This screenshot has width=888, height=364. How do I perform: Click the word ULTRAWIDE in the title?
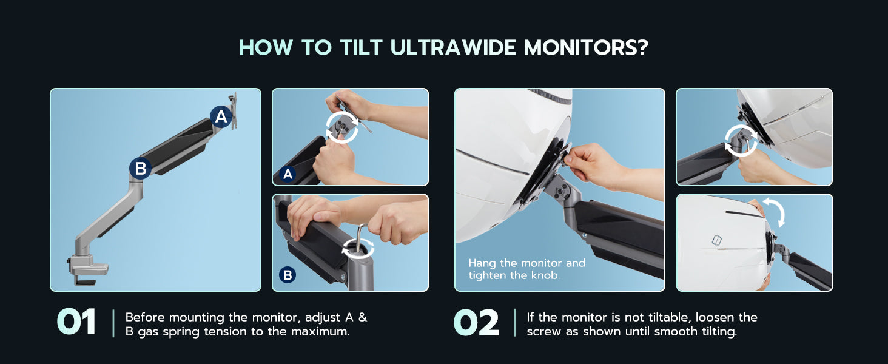(x=453, y=47)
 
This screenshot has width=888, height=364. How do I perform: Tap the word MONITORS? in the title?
(x=586, y=47)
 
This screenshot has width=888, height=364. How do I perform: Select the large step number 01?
(x=76, y=322)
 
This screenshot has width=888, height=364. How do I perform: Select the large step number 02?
(x=476, y=322)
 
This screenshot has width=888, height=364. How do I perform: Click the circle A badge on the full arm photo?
(x=221, y=116)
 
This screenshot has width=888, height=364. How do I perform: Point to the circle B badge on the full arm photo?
(x=140, y=168)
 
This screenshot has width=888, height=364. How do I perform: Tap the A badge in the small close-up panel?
(x=288, y=174)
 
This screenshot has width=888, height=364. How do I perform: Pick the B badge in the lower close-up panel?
(x=288, y=275)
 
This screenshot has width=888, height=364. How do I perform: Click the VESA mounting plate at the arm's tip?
(x=233, y=111)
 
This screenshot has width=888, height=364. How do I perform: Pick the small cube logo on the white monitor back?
(x=716, y=240)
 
